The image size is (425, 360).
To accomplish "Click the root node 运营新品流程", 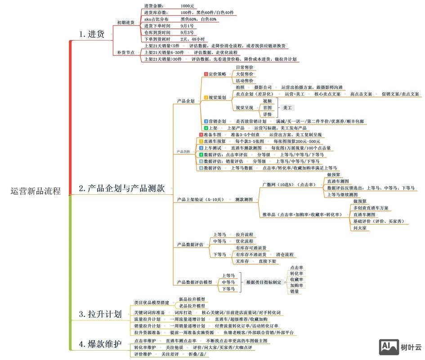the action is pos(35,190).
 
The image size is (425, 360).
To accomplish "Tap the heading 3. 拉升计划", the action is pos(100,314).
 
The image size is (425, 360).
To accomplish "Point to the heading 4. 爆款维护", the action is pos(100,345).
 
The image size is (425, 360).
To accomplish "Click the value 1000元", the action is pos(188,6).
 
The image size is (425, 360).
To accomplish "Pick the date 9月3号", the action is pos(187,33).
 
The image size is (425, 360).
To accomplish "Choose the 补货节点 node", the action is pos(125,53).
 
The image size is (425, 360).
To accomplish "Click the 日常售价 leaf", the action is pos(244,67).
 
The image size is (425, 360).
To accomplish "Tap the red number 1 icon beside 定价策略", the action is pos(206,74).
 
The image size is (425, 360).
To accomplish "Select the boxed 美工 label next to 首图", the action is pos(287,108).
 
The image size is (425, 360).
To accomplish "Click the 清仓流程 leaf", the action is pos(284,254).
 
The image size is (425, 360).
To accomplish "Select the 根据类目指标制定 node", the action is pos(264,282).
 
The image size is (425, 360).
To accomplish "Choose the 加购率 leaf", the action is pos(296,285).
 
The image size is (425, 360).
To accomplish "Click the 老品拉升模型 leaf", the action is pos(192,306).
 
